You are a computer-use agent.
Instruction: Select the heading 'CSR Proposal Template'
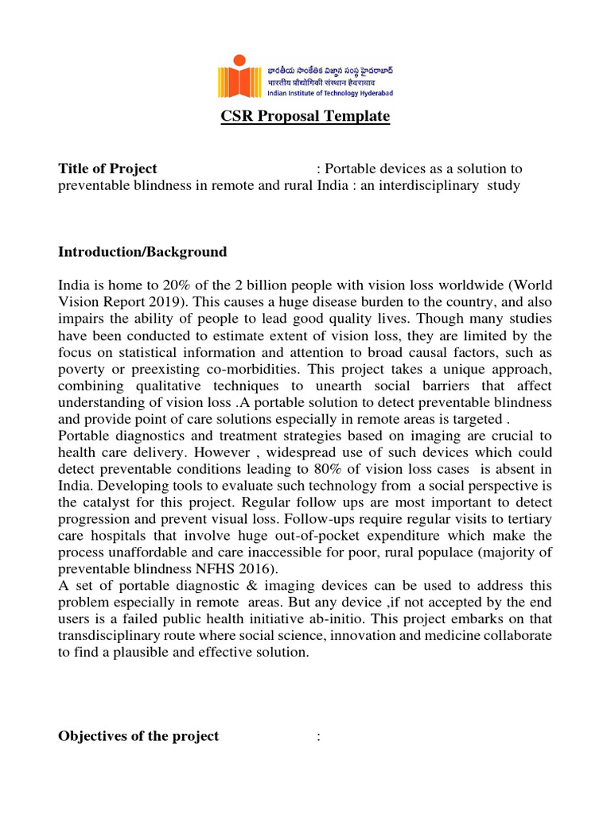pos(305,117)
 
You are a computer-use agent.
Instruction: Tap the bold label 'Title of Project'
pos(107,169)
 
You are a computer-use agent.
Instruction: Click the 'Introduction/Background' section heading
pos(142,252)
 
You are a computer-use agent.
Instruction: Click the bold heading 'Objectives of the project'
pos(138,736)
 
